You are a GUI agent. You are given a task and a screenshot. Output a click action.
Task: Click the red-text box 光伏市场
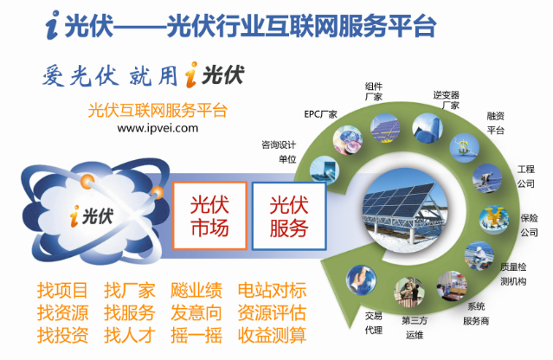(x=209, y=215)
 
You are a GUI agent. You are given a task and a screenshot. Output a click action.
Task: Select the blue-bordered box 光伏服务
(x=289, y=215)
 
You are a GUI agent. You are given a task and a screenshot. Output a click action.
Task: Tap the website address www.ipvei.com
(x=158, y=127)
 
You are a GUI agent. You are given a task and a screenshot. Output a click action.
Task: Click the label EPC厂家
(x=320, y=114)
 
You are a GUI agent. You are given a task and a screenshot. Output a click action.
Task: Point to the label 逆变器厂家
(x=447, y=100)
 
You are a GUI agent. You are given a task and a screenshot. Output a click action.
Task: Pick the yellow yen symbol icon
(x=494, y=219)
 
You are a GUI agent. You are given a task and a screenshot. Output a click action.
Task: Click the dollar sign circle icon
(x=464, y=147)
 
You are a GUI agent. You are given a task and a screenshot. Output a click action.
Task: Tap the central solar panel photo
(x=404, y=210)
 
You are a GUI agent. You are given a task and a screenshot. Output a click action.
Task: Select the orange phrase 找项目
(x=62, y=290)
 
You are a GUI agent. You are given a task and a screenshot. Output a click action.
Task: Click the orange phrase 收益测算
(x=273, y=335)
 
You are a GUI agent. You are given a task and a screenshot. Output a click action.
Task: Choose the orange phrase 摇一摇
(x=196, y=335)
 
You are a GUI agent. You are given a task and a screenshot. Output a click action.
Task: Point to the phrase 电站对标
(x=273, y=290)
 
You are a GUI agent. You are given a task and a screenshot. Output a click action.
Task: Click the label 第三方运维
(x=415, y=328)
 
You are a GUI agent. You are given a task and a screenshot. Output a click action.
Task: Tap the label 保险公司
(x=529, y=225)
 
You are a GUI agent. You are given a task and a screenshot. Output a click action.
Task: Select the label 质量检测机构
(x=513, y=274)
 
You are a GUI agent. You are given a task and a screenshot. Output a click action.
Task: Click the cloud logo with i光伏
(x=94, y=211)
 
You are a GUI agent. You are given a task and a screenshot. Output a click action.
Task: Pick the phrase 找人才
(x=130, y=335)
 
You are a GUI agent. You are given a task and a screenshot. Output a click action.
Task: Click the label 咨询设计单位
(x=279, y=152)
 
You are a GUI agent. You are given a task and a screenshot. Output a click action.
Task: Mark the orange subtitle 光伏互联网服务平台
(x=158, y=111)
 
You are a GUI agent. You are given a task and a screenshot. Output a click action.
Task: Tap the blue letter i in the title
(x=53, y=25)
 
